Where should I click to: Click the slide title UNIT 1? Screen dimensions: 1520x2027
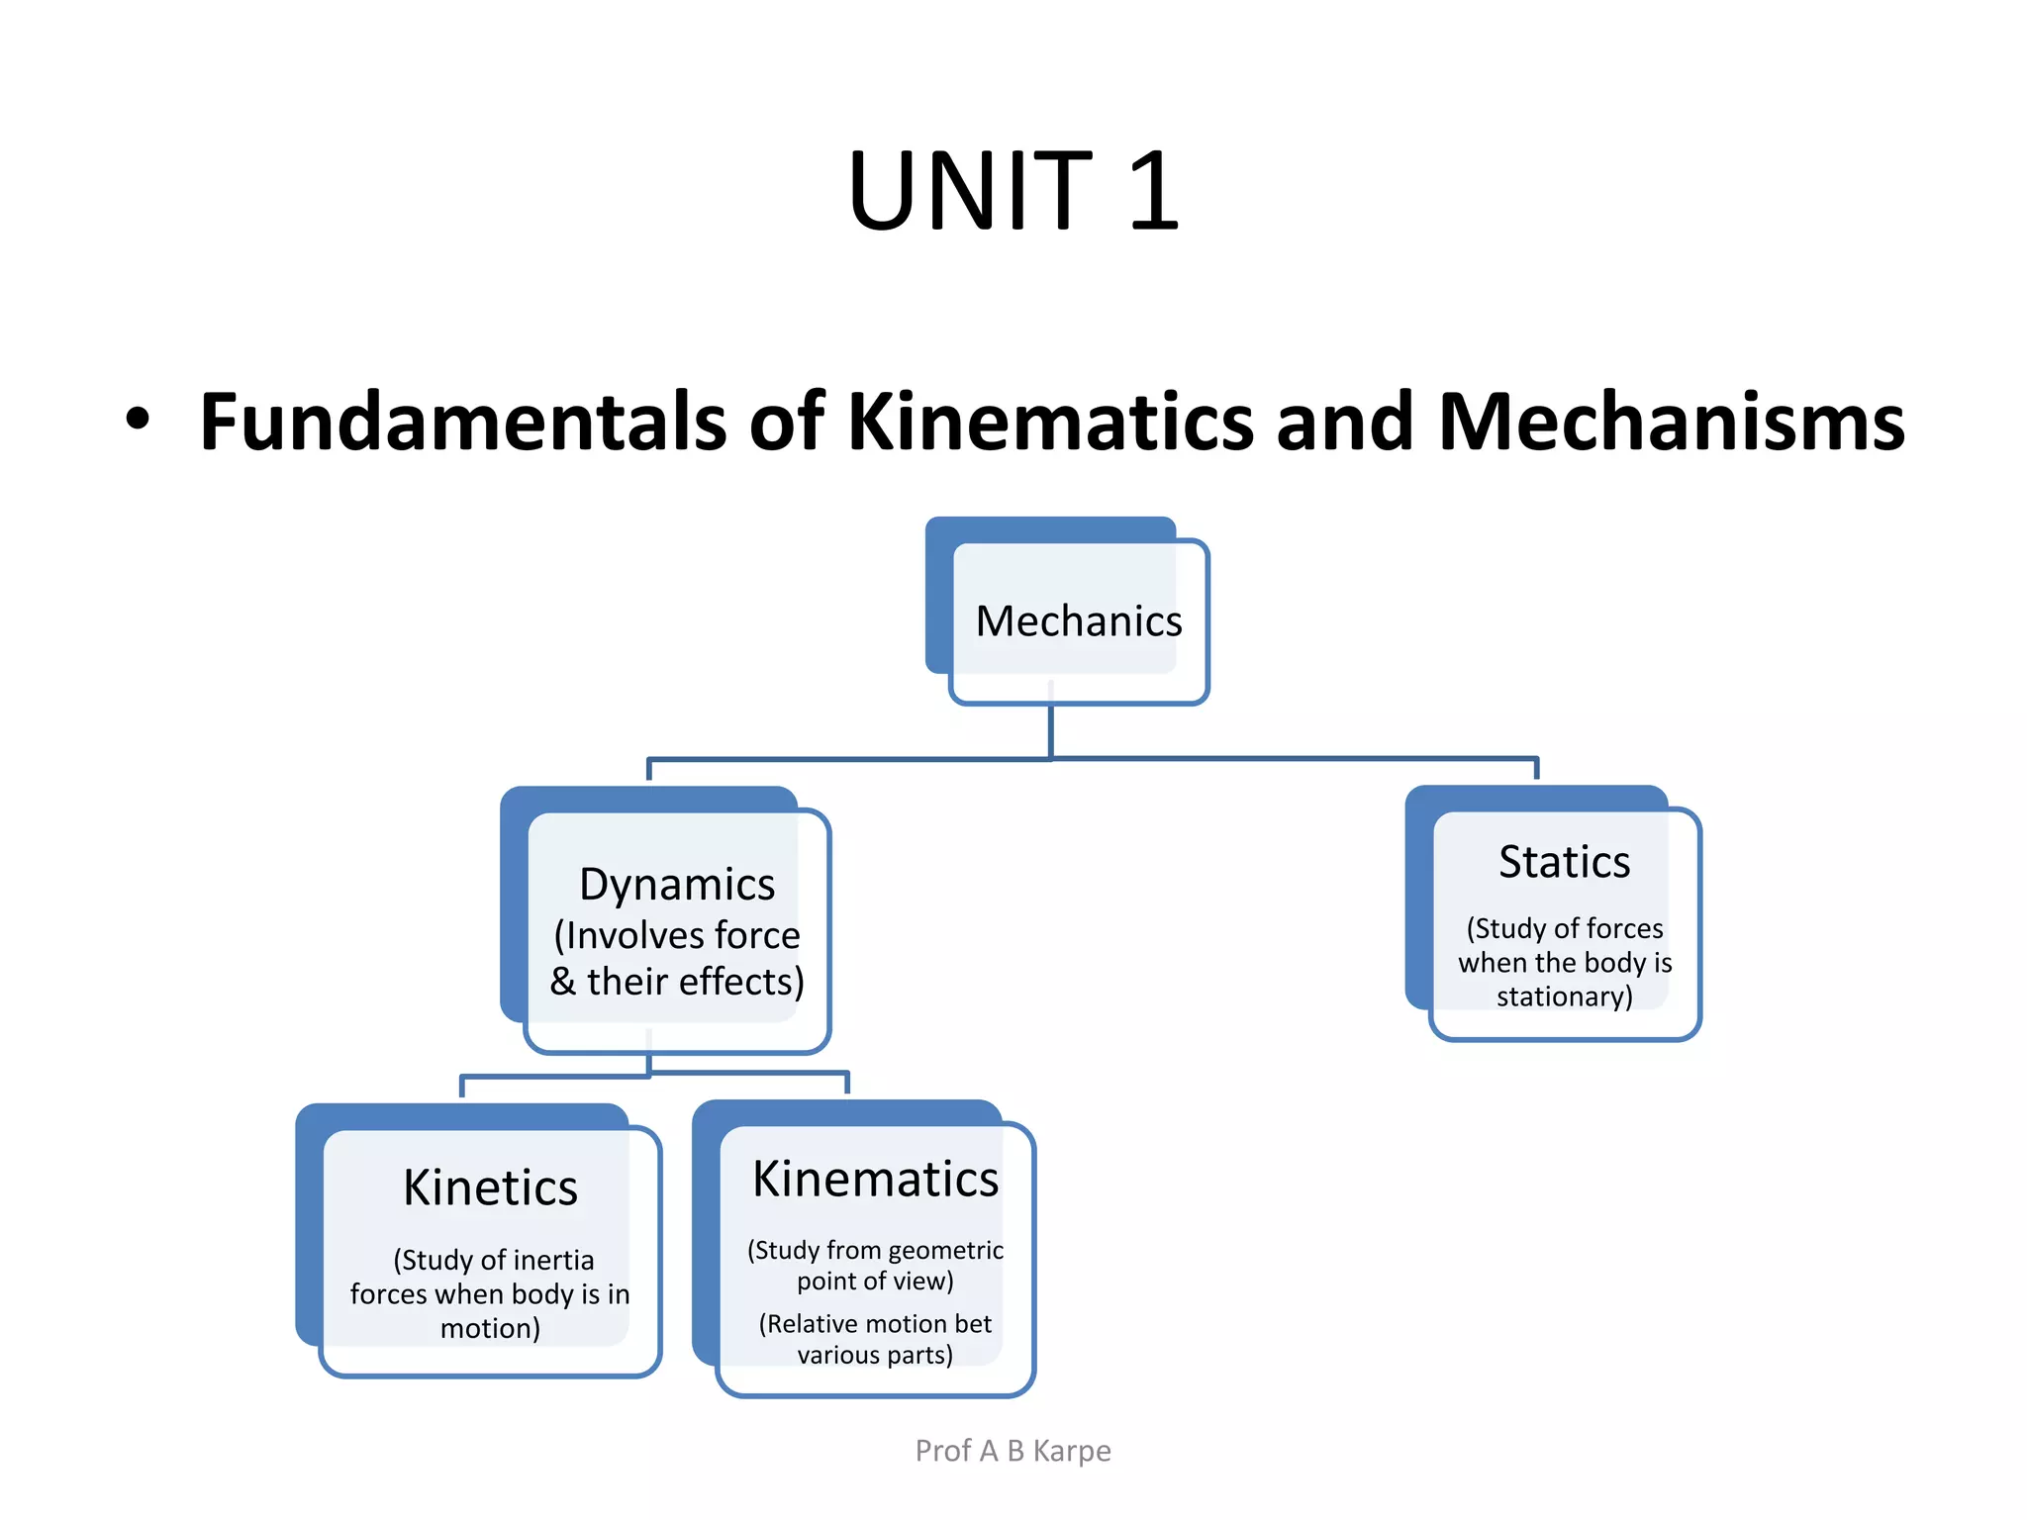coord(1013,190)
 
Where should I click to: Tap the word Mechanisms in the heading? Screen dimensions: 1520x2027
coord(1671,423)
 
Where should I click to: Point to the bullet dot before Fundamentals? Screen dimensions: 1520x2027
coord(138,419)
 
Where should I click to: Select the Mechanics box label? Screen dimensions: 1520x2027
coord(1079,621)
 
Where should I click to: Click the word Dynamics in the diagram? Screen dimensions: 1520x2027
coord(677,885)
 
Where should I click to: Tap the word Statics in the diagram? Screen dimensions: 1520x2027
coord(1564,862)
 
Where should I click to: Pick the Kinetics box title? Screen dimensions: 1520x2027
coord(490,1187)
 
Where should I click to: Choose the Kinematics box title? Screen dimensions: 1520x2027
coord(875,1180)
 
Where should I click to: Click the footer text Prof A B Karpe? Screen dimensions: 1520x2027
coord(1013,1451)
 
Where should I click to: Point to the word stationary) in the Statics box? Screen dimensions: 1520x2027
coord(1564,997)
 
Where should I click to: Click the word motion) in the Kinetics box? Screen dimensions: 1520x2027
coord(490,1328)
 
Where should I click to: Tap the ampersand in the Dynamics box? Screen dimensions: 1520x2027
coord(563,982)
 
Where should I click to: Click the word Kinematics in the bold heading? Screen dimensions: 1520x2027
coord(1052,423)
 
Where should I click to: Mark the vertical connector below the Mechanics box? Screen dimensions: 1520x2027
coord(1050,730)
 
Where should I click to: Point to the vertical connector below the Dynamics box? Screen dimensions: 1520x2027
coord(649,1063)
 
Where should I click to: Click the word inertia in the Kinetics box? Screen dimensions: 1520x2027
coord(553,1260)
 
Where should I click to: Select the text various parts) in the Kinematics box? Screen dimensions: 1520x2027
coord(875,1355)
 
